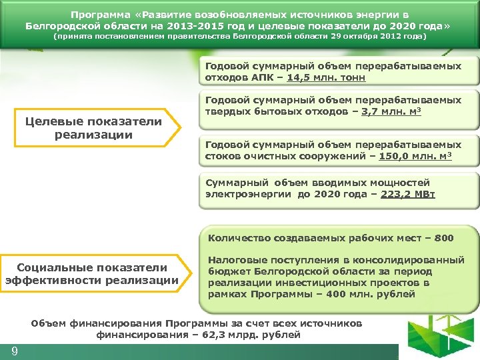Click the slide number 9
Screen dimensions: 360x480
(x=14, y=351)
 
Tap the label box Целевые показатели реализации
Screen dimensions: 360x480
(x=93, y=128)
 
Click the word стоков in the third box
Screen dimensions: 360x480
(x=221, y=156)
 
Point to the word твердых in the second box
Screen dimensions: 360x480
(x=226, y=111)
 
